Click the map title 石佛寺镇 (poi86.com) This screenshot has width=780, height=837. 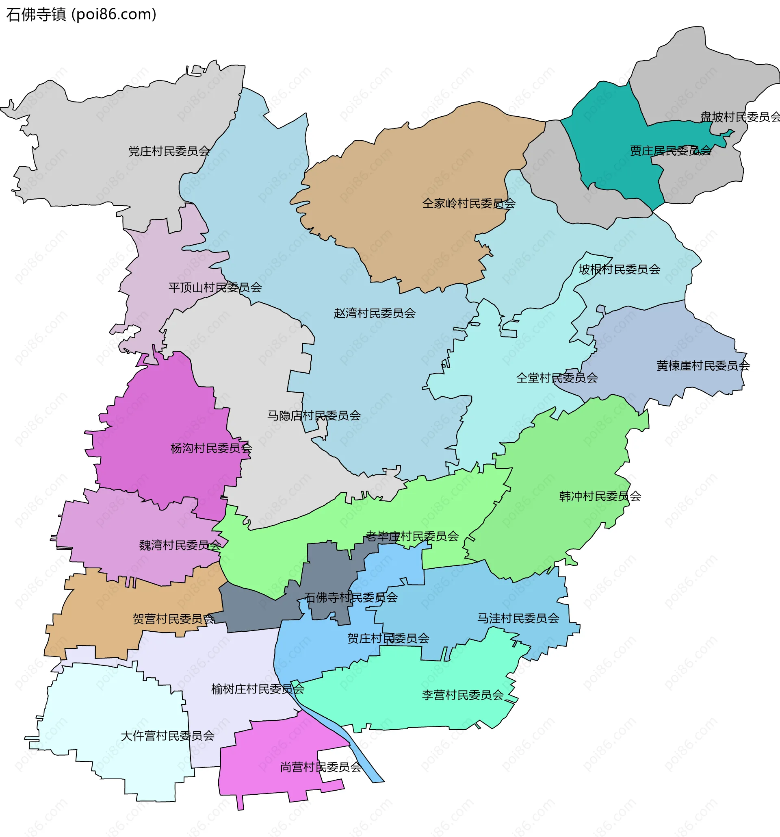[81, 14]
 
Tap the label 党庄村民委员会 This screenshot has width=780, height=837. [169, 151]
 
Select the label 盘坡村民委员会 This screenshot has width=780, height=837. [740, 117]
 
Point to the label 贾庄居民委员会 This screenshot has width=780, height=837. [670, 151]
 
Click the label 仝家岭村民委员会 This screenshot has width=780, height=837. [469, 203]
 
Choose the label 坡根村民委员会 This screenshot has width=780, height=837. [619, 269]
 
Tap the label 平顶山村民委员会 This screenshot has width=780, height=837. [215, 287]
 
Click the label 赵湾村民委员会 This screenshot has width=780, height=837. [375, 313]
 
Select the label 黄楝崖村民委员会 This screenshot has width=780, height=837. [703, 365]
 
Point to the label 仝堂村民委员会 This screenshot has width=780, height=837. [557, 378]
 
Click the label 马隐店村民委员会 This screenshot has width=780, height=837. [314, 415]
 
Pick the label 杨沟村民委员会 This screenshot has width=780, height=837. [211, 448]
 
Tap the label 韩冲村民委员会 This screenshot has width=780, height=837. [600, 496]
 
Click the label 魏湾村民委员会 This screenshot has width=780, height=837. [180, 545]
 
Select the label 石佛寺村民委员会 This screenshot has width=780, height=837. [351, 598]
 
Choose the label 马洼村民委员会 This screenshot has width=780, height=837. [518, 618]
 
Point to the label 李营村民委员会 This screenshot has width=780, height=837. [462, 695]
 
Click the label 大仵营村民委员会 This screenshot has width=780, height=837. [167, 736]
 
